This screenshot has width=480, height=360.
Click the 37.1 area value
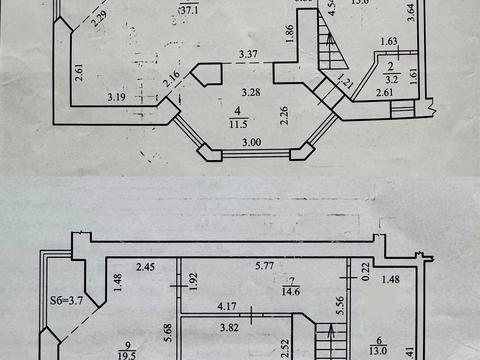coord(187,12)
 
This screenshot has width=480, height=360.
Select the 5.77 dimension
coord(263,267)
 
